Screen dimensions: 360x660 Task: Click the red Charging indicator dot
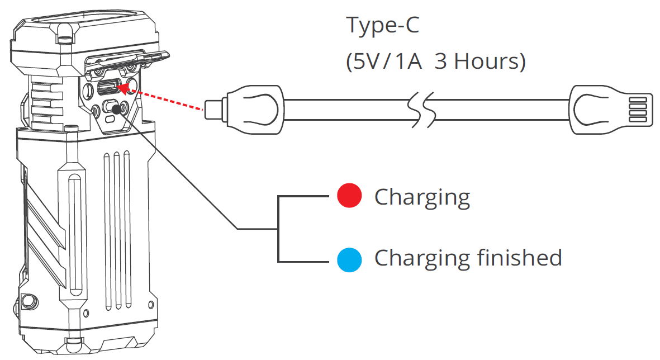[x=350, y=197]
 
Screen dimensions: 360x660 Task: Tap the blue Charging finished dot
[x=350, y=259]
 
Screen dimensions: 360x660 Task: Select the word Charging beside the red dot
[x=422, y=198]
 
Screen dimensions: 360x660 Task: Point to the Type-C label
[x=382, y=26]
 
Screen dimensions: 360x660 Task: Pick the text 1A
[x=403, y=61]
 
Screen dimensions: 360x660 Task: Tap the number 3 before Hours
[x=441, y=61]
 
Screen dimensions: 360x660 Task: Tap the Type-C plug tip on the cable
[x=213, y=109]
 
